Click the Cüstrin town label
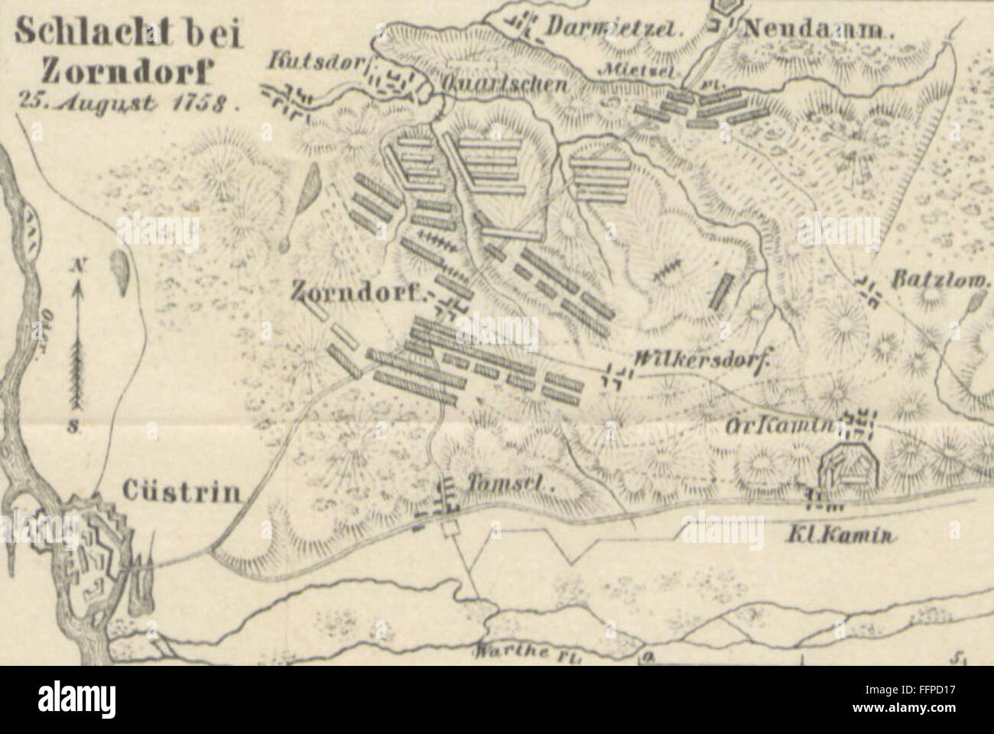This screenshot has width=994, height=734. point(179,491)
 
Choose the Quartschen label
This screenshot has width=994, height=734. point(501,83)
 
